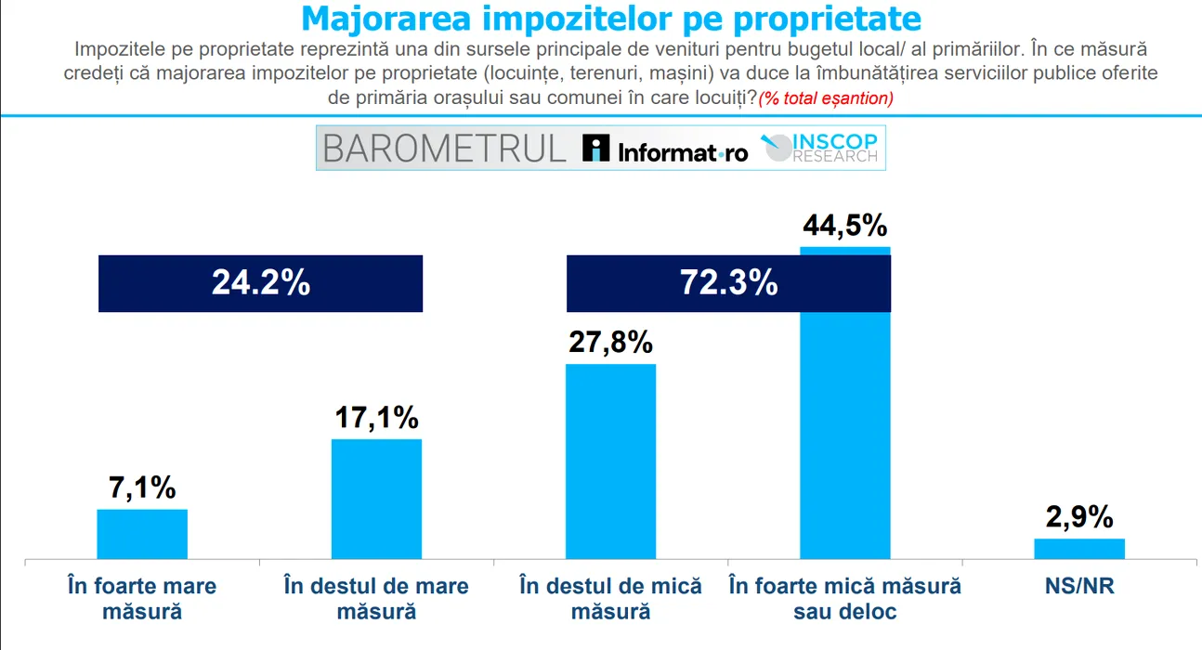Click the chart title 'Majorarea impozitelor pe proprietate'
611,19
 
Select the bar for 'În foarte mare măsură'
142,535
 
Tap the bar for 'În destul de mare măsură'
376,500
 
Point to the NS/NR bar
1079,549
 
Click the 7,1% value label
142,487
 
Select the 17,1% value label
376,418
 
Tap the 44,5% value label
844,226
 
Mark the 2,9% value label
1079,517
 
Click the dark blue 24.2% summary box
260,283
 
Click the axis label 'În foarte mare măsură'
142,599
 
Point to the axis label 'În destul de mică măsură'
610,599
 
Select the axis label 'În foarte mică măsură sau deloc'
844,599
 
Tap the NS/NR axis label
1079,587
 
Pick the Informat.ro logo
665,149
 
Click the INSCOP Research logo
820,149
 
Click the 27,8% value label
610,343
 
